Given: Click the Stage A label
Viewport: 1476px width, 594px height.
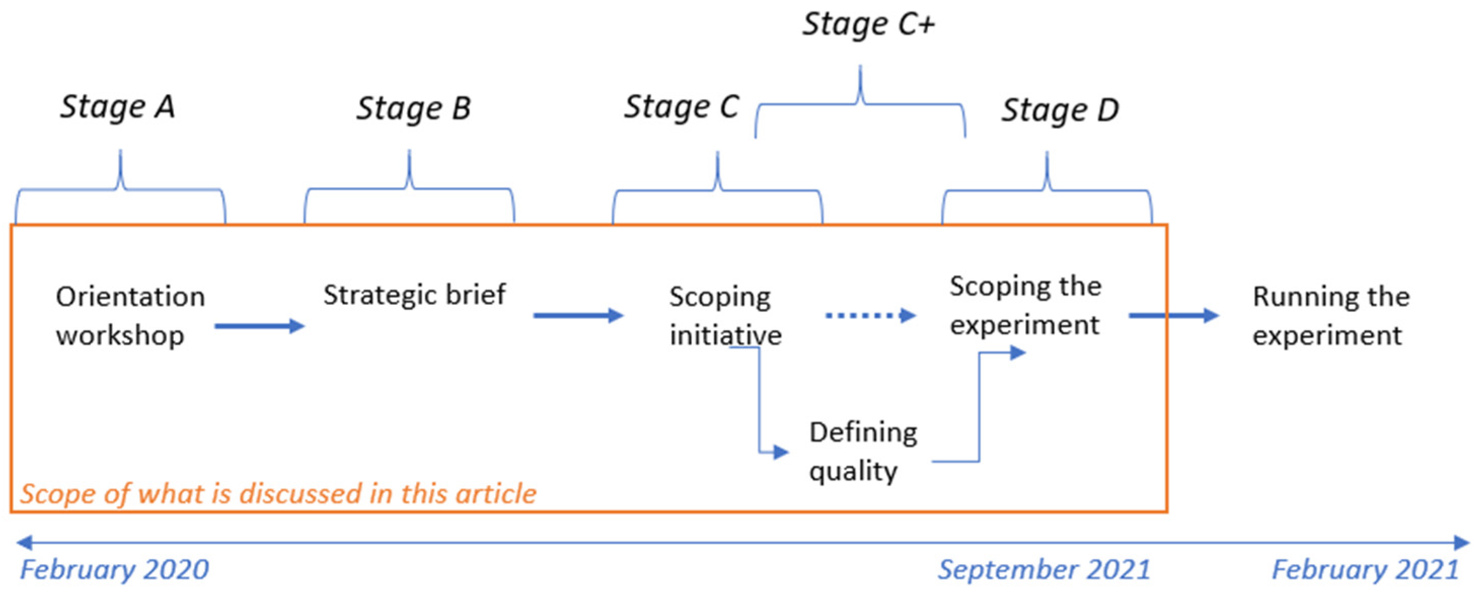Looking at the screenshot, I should (118, 107).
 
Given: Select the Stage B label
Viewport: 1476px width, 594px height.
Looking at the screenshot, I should (413, 108).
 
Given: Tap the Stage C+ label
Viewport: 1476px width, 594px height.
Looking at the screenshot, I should (868, 25).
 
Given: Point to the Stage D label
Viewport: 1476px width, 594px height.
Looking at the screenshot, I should (1059, 110).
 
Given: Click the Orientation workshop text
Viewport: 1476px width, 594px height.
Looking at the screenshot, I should (130, 315).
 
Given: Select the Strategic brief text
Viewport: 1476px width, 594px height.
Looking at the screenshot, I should (414, 295).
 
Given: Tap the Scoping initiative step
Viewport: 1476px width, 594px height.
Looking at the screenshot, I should (725, 315).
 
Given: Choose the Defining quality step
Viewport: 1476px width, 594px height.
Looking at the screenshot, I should (863, 452).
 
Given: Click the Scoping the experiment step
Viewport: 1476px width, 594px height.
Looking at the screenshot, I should (1025, 305).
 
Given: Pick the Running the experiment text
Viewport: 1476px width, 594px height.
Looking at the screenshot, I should (1331, 315).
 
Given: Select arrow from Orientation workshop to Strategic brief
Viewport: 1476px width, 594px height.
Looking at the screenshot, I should (259, 326).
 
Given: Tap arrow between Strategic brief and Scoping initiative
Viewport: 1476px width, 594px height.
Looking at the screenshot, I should (578, 315).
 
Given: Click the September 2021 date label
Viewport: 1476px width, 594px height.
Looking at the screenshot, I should (1043, 570).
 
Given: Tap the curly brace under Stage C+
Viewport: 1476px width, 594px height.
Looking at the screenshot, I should (859, 104).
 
